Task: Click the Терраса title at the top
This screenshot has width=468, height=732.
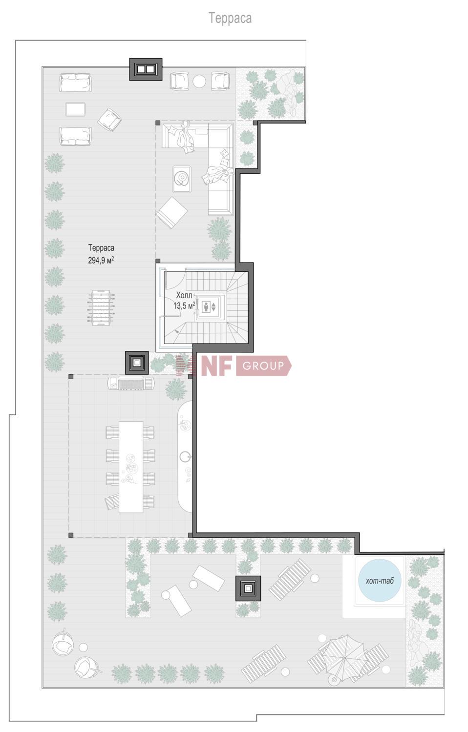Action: click(230, 19)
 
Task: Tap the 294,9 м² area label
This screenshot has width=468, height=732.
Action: click(101, 260)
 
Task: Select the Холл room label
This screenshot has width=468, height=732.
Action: click(184, 295)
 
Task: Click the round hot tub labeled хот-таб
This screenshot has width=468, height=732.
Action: click(380, 580)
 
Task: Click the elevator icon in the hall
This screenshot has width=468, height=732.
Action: click(209, 306)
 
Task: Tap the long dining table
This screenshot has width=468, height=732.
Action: click(131, 467)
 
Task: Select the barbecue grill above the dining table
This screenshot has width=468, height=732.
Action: click(131, 383)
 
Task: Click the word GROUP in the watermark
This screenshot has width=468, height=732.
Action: click(263, 366)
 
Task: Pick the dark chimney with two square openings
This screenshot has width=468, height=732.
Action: click(146, 69)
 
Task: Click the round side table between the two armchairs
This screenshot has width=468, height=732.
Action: click(199, 81)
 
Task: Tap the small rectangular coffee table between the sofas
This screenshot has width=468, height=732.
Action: click(75, 109)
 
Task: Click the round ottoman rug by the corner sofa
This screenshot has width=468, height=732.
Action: click(182, 178)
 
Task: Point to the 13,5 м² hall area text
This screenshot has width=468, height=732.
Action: click(184, 305)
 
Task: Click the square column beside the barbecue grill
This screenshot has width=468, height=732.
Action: click(137, 363)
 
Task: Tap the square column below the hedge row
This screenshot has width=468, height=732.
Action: click(248, 589)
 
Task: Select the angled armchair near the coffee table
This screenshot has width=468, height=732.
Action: click(109, 120)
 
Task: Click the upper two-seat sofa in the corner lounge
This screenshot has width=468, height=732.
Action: click(75, 82)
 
